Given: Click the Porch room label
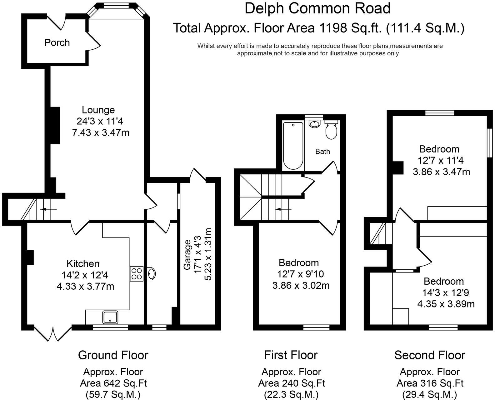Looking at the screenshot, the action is pyautogui.click(x=57, y=42).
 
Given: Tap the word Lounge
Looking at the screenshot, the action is pyautogui.click(x=98, y=110).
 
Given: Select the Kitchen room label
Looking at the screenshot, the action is pyautogui.click(x=83, y=263).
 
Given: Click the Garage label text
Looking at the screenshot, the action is pyautogui.click(x=187, y=255).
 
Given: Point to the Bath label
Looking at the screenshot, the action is pyautogui.click(x=322, y=152).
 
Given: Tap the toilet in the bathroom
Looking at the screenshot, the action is pyautogui.click(x=331, y=131).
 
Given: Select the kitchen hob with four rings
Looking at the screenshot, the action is pyautogui.click(x=137, y=274).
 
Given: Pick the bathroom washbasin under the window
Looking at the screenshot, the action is pyautogui.click(x=314, y=124).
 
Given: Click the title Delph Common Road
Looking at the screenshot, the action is pyautogui.click(x=317, y=8).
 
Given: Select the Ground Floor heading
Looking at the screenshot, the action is pyautogui.click(x=113, y=355).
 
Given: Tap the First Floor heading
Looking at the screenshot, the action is pyautogui.click(x=291, y=355).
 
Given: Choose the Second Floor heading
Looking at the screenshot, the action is pyautogui.click(x=430, y=355).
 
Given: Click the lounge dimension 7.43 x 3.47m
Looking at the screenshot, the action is pyautogui.click(x=101, y=133).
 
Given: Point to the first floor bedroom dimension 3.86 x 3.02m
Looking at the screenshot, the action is pyautogui.click(x=301, y=286).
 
